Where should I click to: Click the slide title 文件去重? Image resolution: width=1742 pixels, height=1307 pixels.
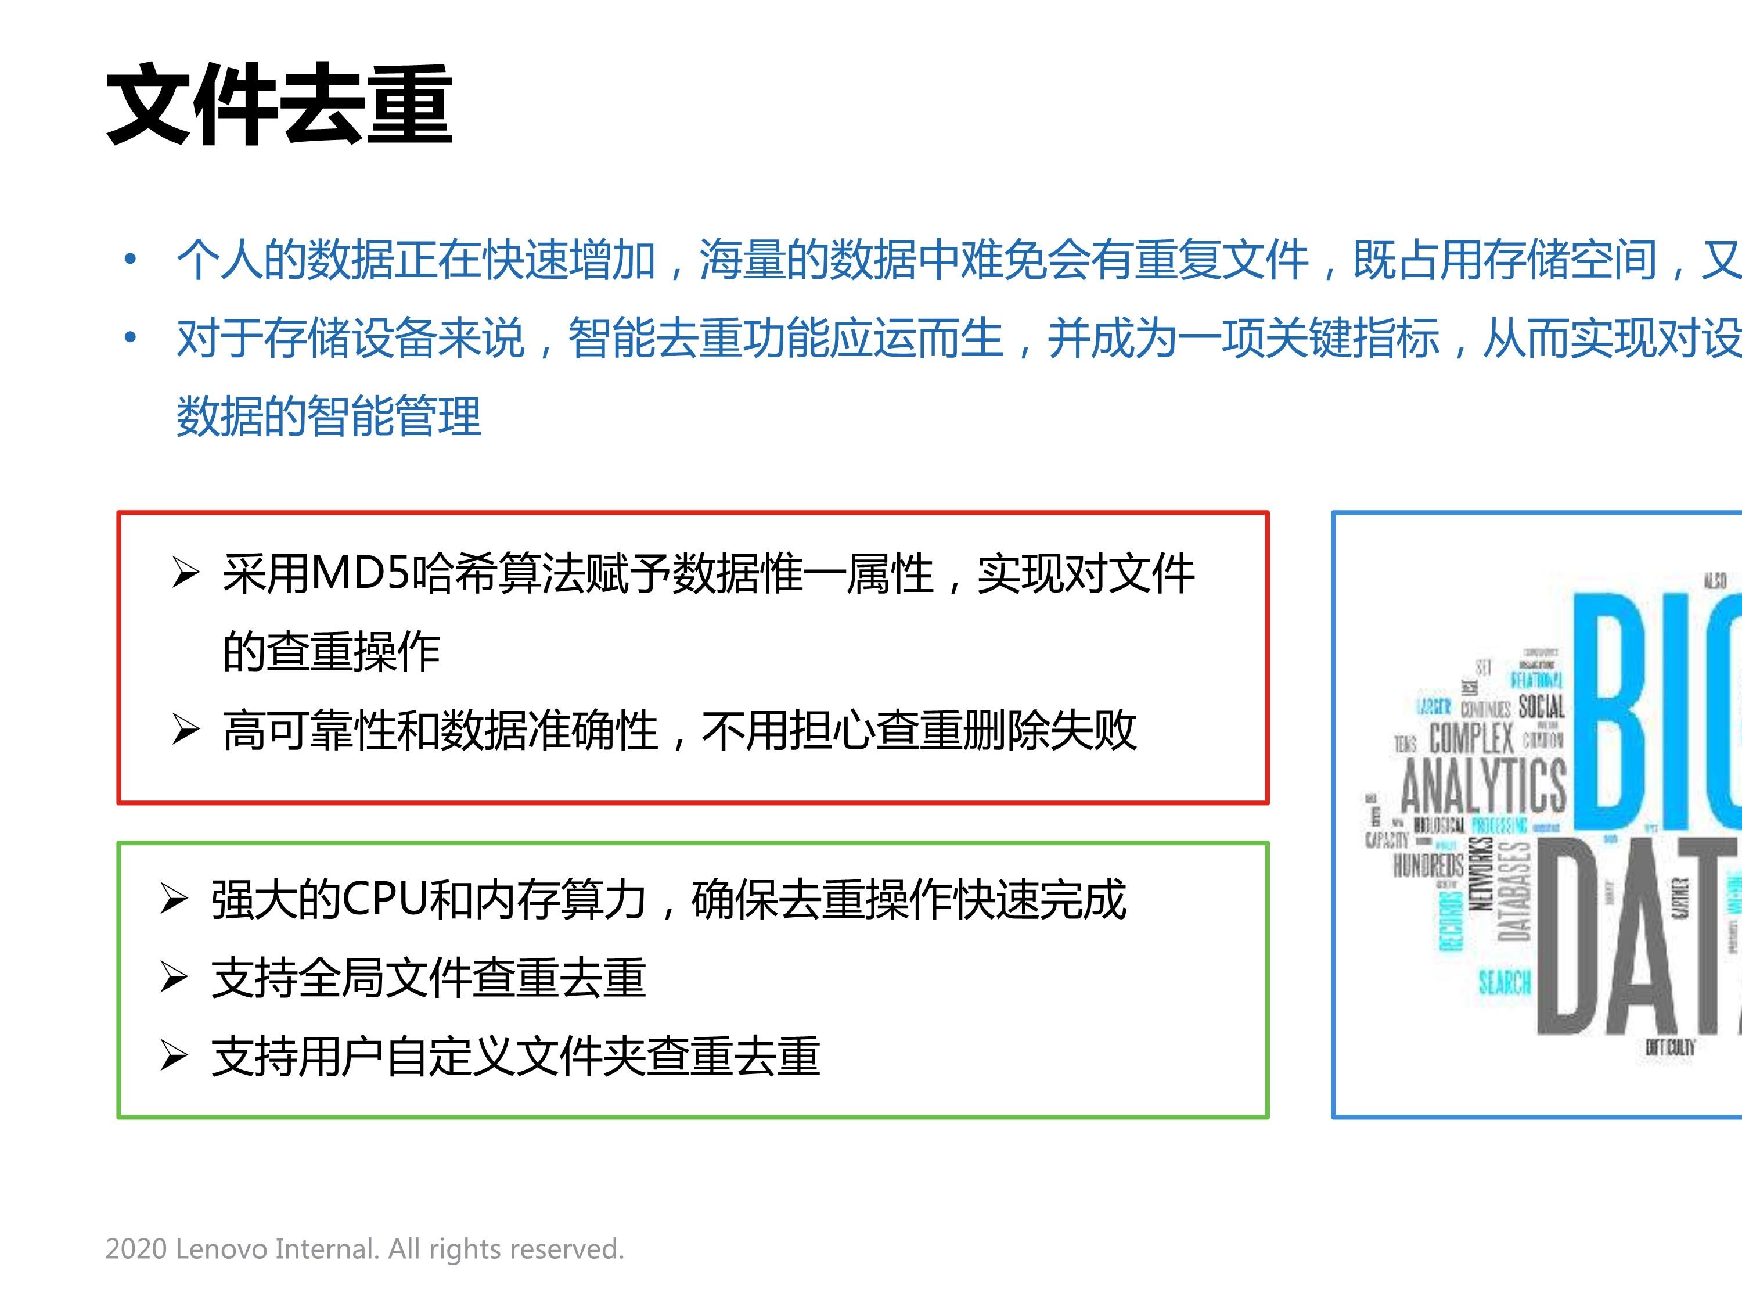279,105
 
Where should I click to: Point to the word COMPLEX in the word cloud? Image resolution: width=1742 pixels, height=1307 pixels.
1471,739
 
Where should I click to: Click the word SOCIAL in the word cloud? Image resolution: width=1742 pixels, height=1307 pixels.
1541,706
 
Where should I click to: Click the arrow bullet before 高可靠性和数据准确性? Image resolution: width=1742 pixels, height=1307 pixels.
185,730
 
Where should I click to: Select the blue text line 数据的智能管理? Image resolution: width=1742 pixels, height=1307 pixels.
329,416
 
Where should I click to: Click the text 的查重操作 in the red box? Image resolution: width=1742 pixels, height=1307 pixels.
331,652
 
